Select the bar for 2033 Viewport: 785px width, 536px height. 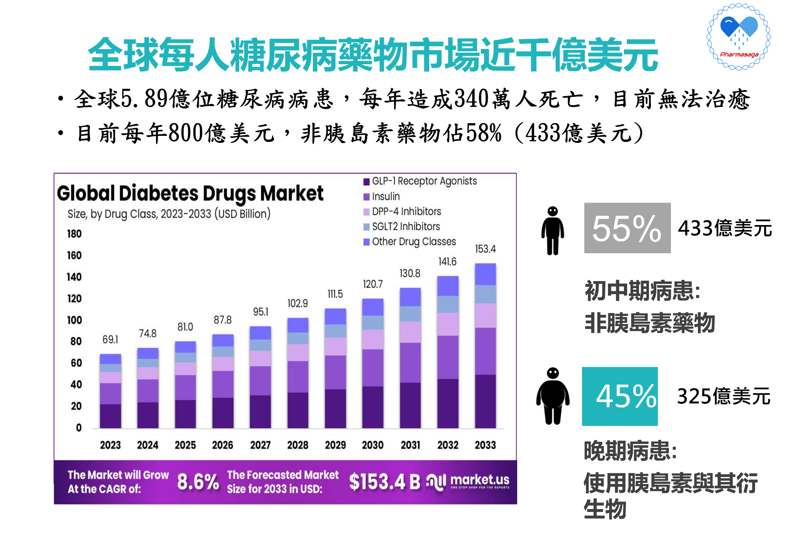[485, 346]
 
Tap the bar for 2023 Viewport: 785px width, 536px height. [110, 391]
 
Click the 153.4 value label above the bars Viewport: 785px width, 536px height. [485, 249]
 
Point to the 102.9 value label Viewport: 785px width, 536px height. [298, 303]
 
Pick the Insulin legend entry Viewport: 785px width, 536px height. [385, 196]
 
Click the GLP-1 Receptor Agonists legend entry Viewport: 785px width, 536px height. [424, 181]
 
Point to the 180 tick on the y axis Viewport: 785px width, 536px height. [74, 234]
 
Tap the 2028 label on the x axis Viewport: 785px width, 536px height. [298, 445]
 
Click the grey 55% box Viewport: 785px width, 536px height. [627, 228]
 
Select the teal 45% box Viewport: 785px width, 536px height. [620, 396]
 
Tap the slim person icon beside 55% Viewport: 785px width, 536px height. [553, 230]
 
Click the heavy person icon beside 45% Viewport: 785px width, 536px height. [553, 396]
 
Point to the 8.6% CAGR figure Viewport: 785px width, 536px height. [198, 482]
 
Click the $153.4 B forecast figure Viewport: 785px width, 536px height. [384, 482]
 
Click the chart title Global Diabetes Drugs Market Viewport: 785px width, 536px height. [190, 193]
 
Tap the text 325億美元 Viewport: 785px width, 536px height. [724, 396]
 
